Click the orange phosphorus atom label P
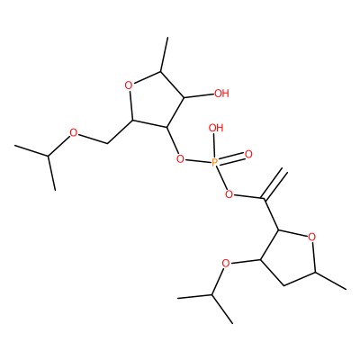pyautogui.click(x=215, y=162)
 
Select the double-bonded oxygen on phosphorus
pyautogui.click(x=248, y=155)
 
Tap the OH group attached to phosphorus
pyautogui.click(x=216, y=128)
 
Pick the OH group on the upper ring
pyautogui.click(x=222, y=94)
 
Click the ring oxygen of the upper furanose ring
pyautogui.click(x=129, y=86)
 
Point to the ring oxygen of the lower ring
pyautogui.click(x=312, y=237)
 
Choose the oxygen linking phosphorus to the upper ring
pyautogui.click(x=180, y=158)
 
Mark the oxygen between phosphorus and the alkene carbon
pyautogui.click(x=229, y=195)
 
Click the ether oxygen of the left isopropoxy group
pyautogui.click(x=73, y=132)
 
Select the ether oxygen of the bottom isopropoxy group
pyautogui.click(x=226, y=264)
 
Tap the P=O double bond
pyautogui.click(x=231, y=158)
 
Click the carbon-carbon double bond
pyautogui.click(x=274, y=184)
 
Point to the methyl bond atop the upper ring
pyautogui.click(x=165, y=55)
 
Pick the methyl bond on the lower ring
pyautogui.click(x=331, y=281)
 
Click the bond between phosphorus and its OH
pyautogui.click(x=215, y=146)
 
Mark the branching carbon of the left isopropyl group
pyautogui.click(x=48, y=156)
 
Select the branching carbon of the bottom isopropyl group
pyautogui.click(x=211, y=295)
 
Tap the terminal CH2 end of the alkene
pyautogui.click(x=284, y=170)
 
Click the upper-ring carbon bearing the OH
pyautogui.click(x=184, y=97)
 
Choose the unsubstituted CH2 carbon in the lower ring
pyautogui.click(x=283, y=284)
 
